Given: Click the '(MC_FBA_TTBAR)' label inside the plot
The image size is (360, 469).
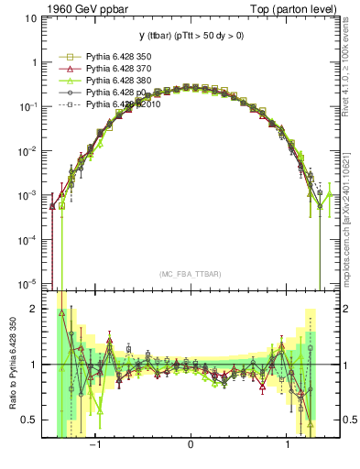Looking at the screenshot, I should (x=190, y=274).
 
